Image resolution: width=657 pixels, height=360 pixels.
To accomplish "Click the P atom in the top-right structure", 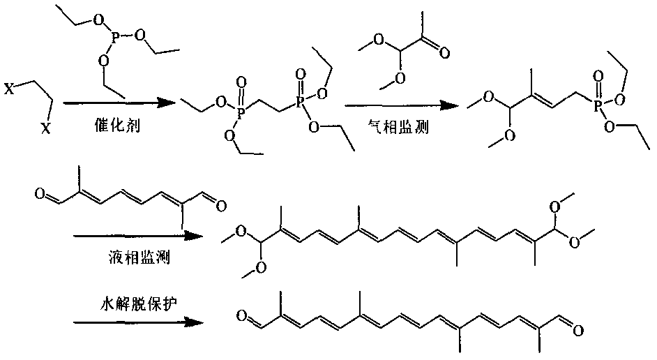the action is [x=599, y=106].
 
